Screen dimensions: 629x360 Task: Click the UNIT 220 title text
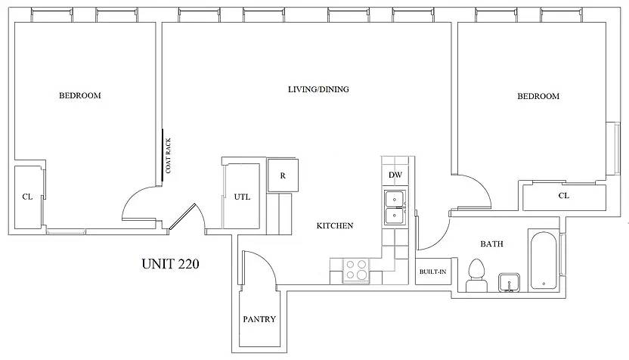pos(171,264)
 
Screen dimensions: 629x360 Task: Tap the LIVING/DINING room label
pos(318,89)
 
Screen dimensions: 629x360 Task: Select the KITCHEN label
pos(335,225)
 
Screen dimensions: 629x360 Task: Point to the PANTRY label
pos(259,319)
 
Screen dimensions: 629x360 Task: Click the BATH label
pos(492,244)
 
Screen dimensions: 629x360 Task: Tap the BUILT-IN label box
pos(433,272)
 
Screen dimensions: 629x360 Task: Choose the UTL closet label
pos(242,197)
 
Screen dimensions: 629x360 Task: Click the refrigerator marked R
pos(283,175)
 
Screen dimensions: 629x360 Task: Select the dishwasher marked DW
pos(395,175)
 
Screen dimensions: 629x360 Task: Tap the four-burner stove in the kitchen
pos(356,270)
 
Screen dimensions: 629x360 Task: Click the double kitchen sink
pos(395,207)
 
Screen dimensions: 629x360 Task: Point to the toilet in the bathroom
pos(476,275)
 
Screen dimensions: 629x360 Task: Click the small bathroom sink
pos(509,283)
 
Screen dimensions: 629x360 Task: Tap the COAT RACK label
pos(169,156)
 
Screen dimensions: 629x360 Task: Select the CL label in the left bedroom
pos(27,197)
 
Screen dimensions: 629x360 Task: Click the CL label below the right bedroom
pos(564,195)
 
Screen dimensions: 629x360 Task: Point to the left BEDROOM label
pos(80,95)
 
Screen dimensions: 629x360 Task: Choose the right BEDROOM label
pos(538,96)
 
